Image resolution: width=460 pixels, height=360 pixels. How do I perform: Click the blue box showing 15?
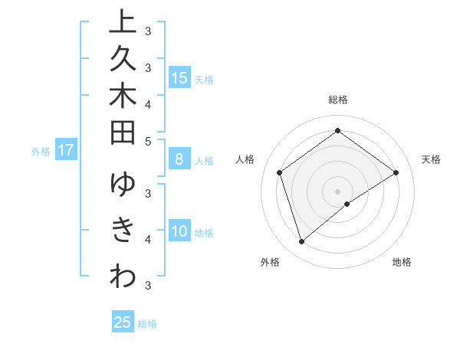pos(179,78)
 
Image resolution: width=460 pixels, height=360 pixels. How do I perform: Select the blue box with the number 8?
pos(179,159)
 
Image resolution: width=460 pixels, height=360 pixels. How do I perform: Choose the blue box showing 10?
pos(179,231)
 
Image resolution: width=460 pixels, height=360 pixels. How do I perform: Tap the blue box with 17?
pos(65,151)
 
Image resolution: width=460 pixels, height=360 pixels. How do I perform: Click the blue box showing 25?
pos(123,322)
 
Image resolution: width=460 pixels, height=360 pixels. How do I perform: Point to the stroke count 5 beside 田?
pos(148,141)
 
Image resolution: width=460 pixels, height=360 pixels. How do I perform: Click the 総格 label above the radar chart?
pos(338,100)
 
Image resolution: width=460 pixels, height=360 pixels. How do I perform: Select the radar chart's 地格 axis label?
pos(402,262)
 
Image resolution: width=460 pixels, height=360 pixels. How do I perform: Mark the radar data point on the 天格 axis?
pos(396,172)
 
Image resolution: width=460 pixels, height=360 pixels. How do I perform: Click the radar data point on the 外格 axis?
pos(301,242)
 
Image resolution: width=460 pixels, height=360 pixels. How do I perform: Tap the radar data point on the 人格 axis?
pos(280,172)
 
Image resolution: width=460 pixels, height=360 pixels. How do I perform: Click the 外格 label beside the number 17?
pos(41,152)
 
